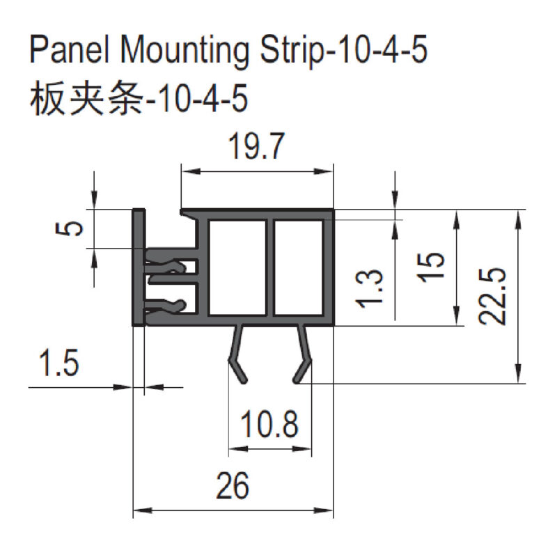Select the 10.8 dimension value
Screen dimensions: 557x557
[269, 424]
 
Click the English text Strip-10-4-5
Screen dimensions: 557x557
[342, 52]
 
